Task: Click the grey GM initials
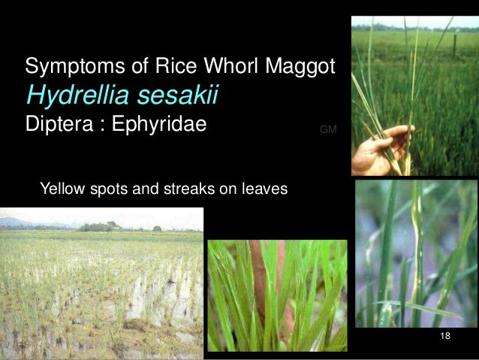pyautogui.click(x=328, y=130)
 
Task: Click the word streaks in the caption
pyautogui.click(x=187, y=189)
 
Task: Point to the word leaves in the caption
pyautogui.click(x=264, y=189)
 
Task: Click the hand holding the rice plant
pyautogui.click(x=379, y=147)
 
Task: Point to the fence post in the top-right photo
pyautogui.click(x=453, y=43)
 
